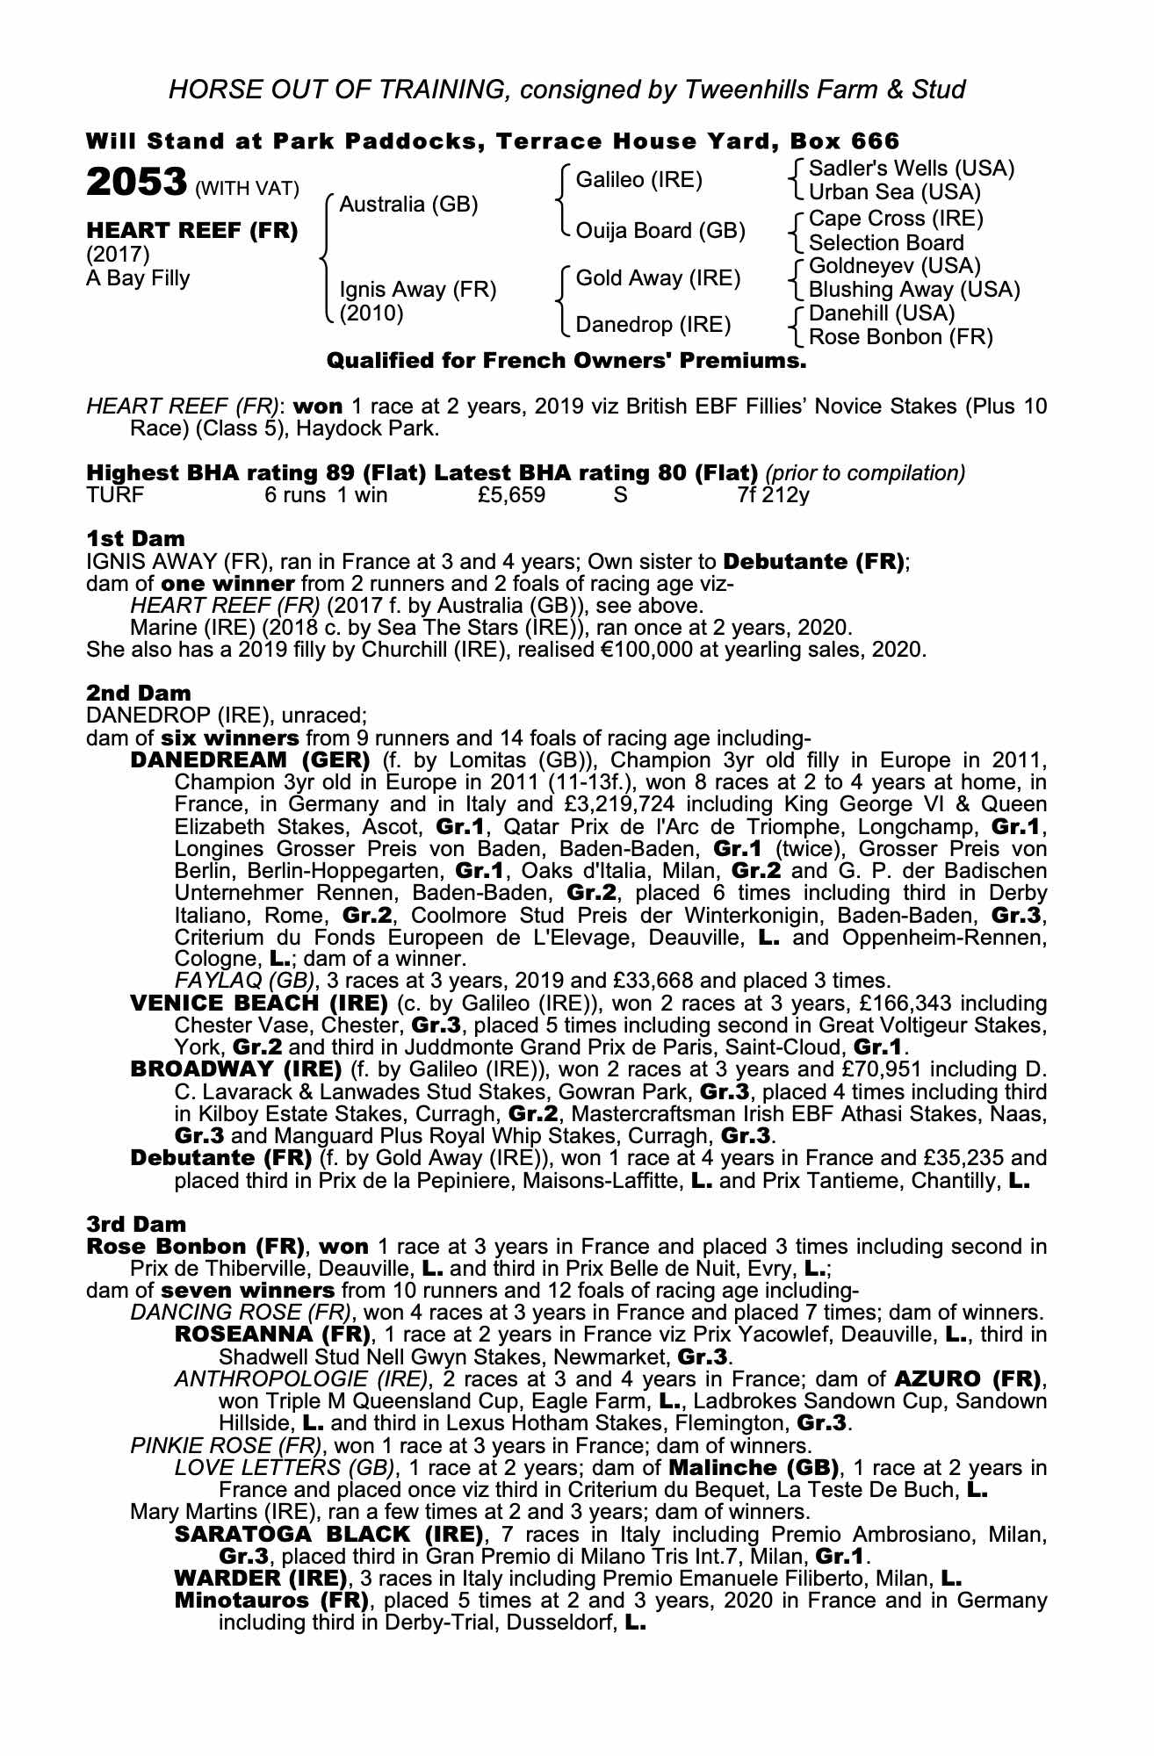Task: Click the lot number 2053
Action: [x=136, y=183]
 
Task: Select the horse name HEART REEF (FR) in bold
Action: [x=191, y=231]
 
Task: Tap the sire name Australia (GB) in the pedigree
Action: [x=408, y=205]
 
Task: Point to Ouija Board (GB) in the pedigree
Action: [x=660, y=231]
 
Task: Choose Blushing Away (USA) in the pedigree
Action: [x=913, y=290]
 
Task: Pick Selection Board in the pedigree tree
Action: [x=886, y=243]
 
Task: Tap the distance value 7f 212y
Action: [x=774, y=495]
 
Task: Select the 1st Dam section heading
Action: [x=135, y=538]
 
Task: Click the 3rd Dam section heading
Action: [x=137, y=1224]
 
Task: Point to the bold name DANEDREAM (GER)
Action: [x=250, y=759]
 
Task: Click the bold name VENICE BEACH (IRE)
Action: [x=259, y=1003]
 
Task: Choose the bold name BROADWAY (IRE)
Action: [x=235, y=1069]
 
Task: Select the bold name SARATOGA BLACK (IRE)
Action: [x=330, y=1535]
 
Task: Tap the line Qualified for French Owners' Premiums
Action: [x=566, y=361]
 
